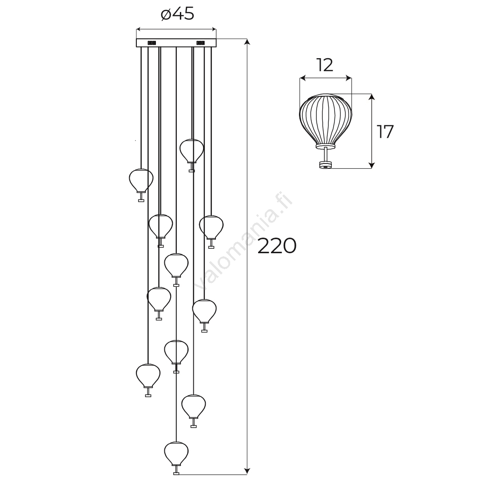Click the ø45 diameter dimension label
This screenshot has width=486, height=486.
coord(178,14)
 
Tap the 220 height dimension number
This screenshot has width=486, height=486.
coord(277,246)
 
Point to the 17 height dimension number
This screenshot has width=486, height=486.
coord(385,131)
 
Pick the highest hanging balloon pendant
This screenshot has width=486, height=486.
coord(192,155)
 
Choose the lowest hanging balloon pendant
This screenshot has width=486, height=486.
coord(176,462)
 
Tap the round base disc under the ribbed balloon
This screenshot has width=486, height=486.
coord(326,165)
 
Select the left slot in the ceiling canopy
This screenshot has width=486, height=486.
coord(151,43)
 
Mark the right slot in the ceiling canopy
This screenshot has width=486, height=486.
coord(200,43)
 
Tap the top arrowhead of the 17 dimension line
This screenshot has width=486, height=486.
coord(372,97)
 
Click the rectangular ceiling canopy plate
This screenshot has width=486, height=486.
coord(176,43)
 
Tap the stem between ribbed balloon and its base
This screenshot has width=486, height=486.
coord(326,154)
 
